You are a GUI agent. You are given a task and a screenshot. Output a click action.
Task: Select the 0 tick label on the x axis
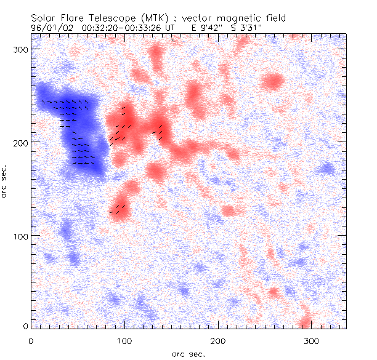tap(31, 340)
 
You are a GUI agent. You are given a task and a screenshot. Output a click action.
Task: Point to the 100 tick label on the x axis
tap(124, 340)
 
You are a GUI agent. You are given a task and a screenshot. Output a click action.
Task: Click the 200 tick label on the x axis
tap(218, 340)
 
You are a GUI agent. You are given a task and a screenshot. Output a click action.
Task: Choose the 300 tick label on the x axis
tap(312, 340)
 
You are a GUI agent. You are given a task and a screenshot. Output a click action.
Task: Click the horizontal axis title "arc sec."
tap(188, 354)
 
